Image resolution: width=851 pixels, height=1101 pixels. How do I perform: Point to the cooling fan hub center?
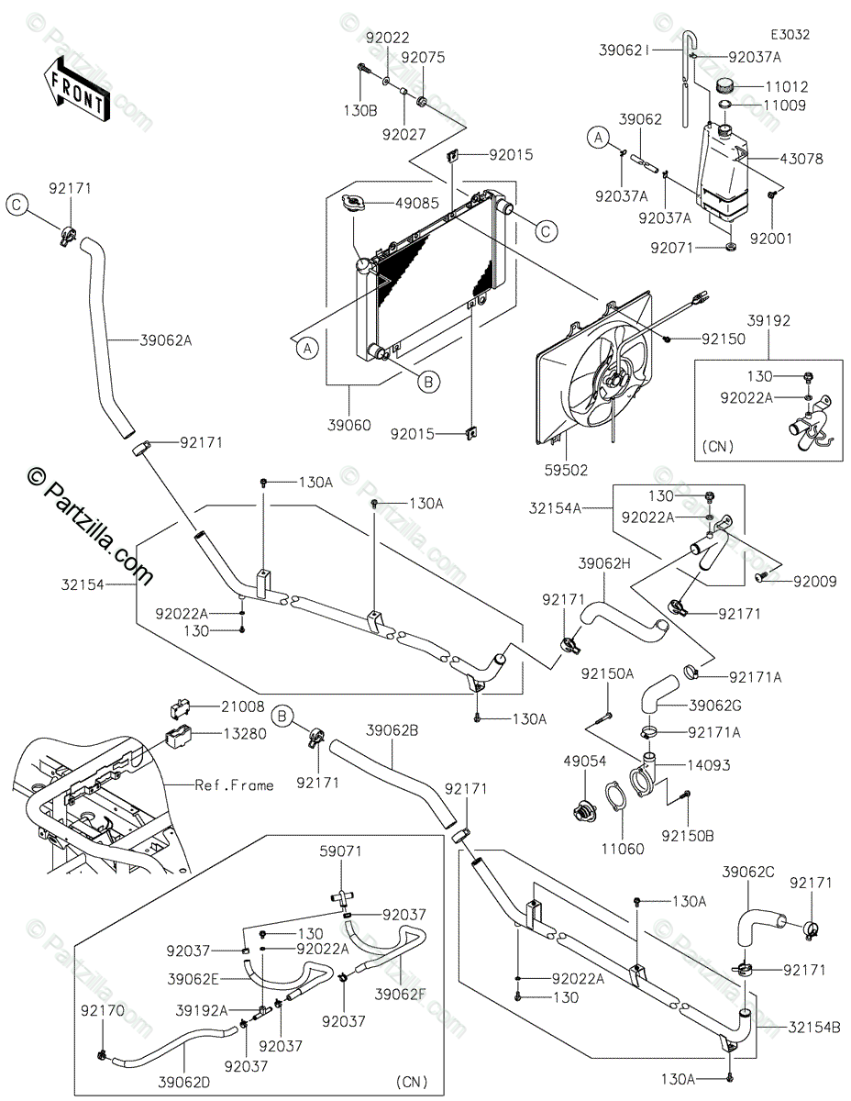(x=609, y=376)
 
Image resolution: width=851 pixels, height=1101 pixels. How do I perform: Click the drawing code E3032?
(x=790, y=34)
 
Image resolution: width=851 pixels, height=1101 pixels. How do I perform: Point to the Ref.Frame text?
(x=234, y=784)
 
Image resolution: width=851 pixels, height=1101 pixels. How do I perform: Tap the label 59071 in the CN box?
(x=340, y=851)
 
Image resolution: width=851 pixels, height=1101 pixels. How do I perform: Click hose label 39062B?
(x=392, y=730)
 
